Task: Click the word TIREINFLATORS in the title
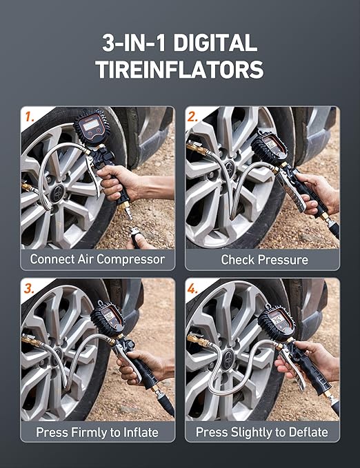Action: pyautogui.click(x=180, y=69)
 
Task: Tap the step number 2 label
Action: pyautogui.click(x=194, y=116)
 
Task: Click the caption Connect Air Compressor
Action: pyautogui.click(x=97, y=260)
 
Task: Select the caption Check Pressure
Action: pyautogui.click(x=264, y=260)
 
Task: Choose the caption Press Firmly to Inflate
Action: pyautogui.click(x=97, y=432)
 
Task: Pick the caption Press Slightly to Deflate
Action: pyautogui.click(x=262, y=432)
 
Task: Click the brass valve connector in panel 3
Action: pyautogui.click(x=31, y=340)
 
